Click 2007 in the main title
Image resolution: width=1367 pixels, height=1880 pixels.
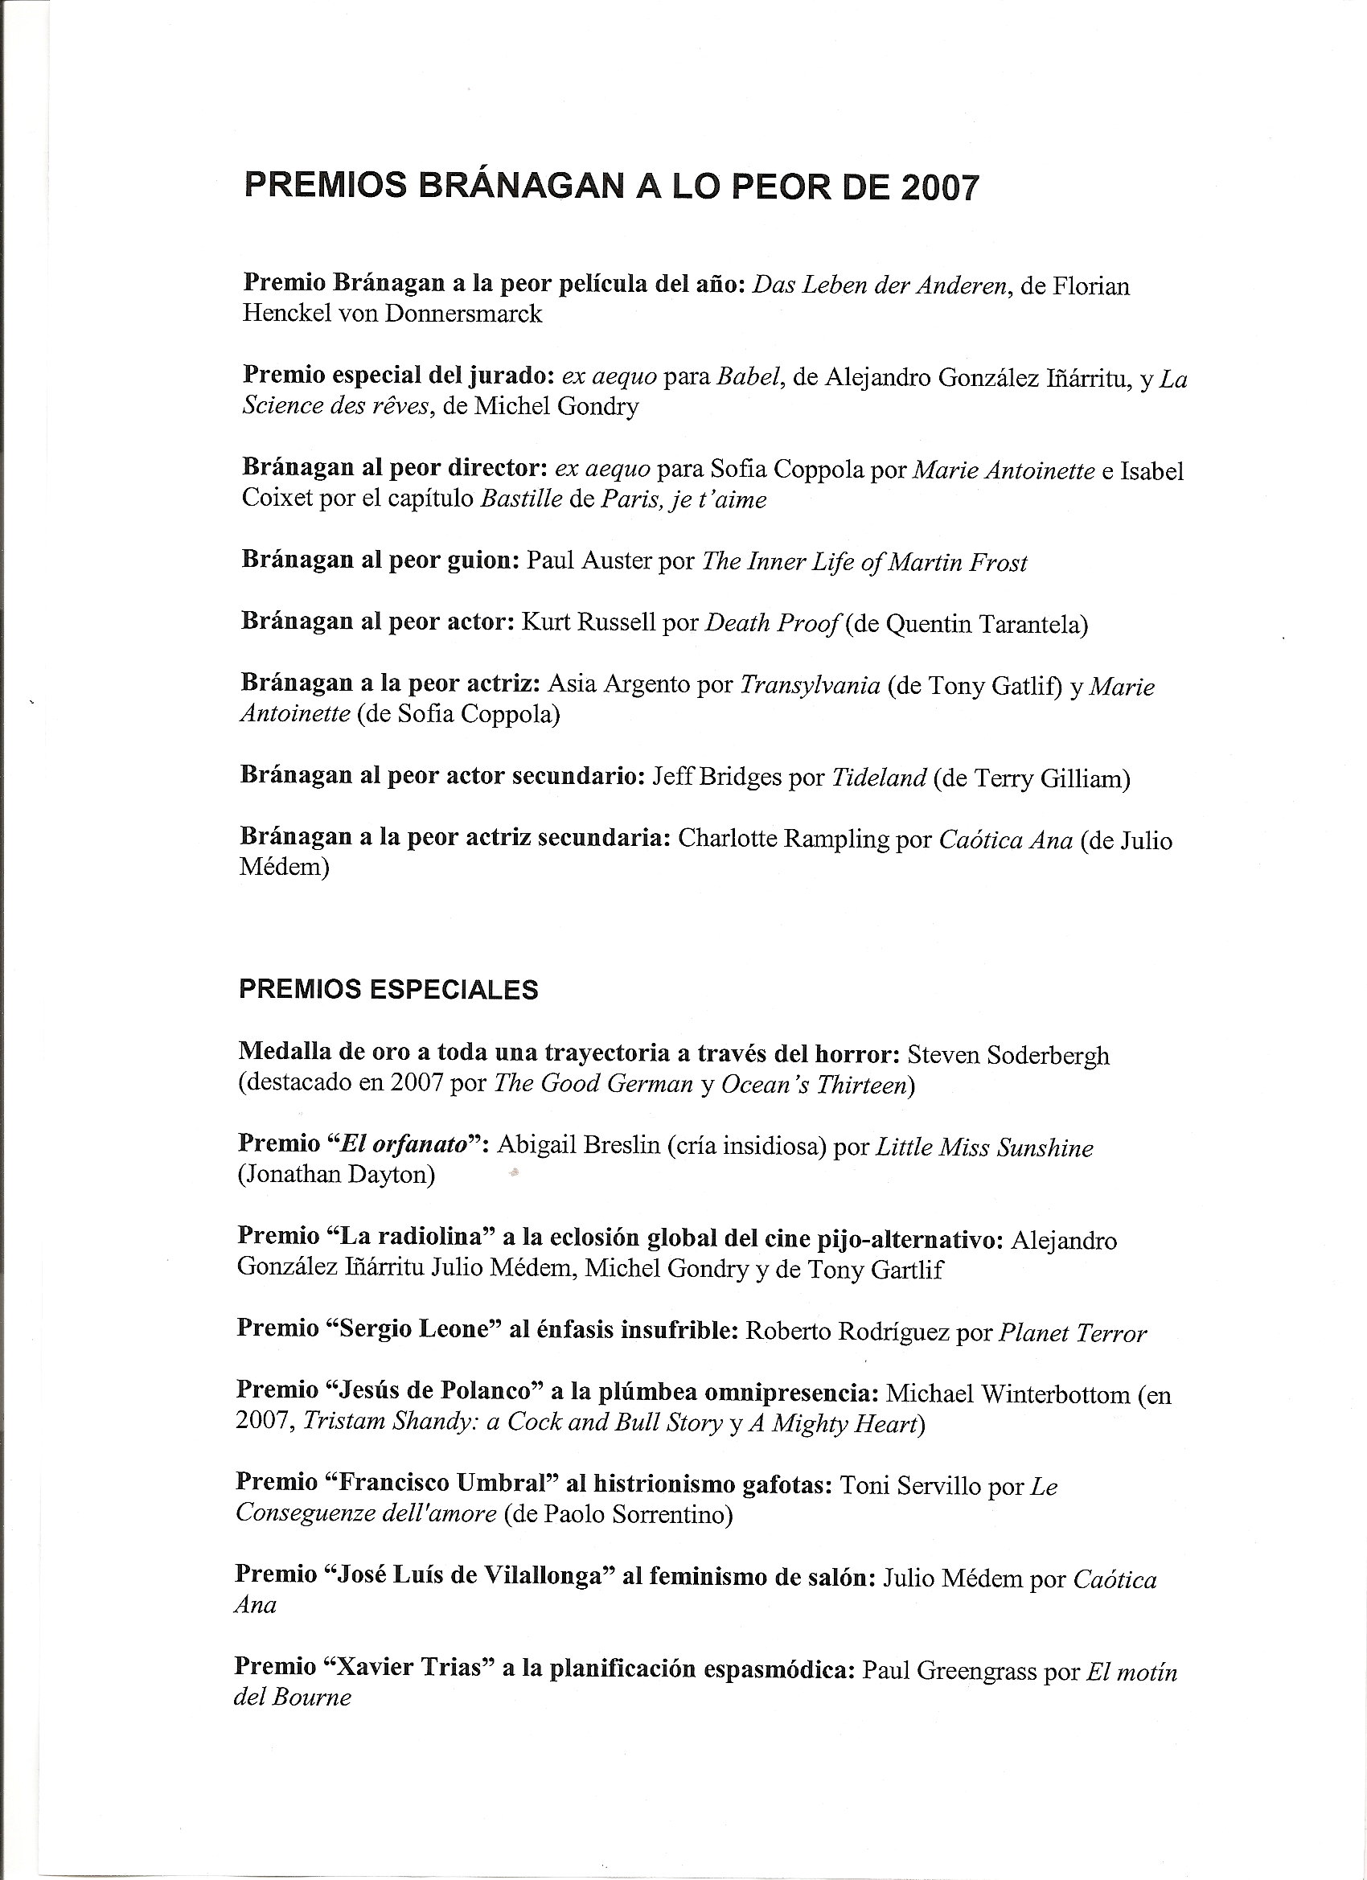coord(938,187)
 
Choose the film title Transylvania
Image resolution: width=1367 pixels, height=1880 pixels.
coord(809,686)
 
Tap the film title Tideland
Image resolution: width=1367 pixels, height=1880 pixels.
coord(878,778)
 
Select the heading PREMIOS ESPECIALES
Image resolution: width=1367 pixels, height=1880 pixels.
coord(388,990)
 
